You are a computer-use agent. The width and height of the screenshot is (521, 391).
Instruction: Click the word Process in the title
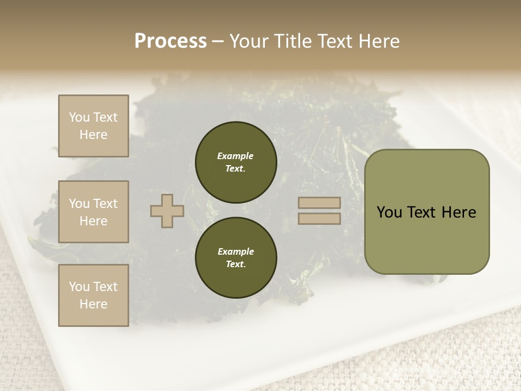pyautogui.click(x=170, y=41)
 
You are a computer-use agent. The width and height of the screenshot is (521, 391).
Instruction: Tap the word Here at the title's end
pyautogui.click(x=378, y=41)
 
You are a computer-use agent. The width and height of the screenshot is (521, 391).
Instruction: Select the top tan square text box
pyautogui.click(x=93, y=126)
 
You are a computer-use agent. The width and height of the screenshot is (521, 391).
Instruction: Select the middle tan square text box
pyautogui.click(x=93, y=212)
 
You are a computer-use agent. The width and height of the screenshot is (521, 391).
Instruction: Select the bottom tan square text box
pyautogui.click(x=93, y=295)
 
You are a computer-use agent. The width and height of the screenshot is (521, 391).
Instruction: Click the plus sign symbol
pyautogui.click(x=167, y=211)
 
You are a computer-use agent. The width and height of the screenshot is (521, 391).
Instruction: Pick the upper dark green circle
pyautogui.click(x=236, y=162)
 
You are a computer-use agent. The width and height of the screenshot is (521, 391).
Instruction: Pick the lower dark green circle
pyautogui.click(x=236, y=257)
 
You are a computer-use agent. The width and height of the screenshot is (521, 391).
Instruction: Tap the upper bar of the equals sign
pyautogui.click(x=319, y=203)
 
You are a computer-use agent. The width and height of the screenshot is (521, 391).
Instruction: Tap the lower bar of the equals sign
pyautogui.click(x=319, y=218)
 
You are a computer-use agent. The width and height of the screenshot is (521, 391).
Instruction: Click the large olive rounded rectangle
pyautogui.click(x=427, y=239)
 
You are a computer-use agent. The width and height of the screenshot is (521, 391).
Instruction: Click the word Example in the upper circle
pyautogui.click(x=236, y=156)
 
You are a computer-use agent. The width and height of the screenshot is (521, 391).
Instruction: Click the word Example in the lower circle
pyautogui.click(x=236, y=251)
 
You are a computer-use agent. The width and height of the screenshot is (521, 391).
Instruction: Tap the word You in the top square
pyautogui.click(x=79, y=117)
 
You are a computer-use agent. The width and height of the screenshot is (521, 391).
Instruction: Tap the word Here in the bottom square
pyautogui.click(x=93, y=304)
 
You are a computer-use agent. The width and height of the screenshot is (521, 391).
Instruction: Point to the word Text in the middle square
pyautogui.click(x=105, y=204)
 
